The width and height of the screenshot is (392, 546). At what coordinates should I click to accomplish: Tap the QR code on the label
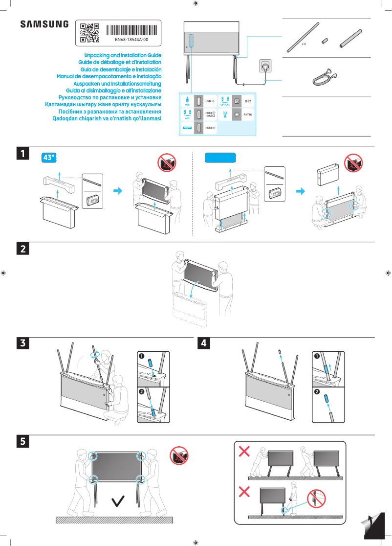(89, 32)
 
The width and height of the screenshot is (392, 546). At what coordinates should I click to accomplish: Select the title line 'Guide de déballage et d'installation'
(120, 63)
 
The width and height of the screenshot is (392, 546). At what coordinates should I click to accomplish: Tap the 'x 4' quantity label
(304, 44)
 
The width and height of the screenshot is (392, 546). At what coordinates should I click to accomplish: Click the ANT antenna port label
(248, 114)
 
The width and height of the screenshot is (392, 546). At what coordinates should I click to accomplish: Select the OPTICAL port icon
(225, 101)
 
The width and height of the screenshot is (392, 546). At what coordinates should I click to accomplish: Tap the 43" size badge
(49, 158)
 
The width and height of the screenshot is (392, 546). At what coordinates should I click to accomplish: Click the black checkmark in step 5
(117, 500)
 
